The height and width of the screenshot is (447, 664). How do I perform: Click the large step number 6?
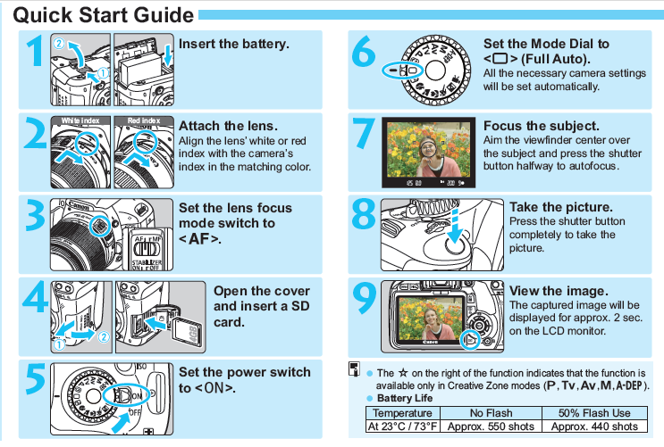(x=364, y=52)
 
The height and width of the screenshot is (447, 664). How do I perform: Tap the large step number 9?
(x=365, y=298)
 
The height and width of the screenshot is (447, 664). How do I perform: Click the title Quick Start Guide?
(x=104, y=15)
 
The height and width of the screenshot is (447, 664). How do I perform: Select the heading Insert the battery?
(x=234, y=44)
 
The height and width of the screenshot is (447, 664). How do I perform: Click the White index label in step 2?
(x=80, y=120)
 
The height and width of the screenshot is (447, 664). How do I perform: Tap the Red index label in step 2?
(x=144, y=120)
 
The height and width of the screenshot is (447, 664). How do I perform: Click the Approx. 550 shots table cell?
(x=491, y=426)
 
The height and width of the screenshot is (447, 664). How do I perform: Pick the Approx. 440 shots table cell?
(x=594, y=426)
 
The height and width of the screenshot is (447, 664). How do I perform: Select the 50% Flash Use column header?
(x=594, y=413)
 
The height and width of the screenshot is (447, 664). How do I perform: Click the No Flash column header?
(x=491, y=413)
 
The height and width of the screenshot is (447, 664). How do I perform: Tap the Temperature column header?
(x=402, y=413)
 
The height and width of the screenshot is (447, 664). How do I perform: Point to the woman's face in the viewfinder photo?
(x=428, y=148)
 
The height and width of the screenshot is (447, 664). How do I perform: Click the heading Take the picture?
(x=561, y=207)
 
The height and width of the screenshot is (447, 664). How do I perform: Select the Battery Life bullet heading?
(x=405, y=398)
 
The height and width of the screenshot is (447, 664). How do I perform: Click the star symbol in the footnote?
(x=403, y=373)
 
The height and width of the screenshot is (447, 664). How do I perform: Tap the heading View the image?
(x=559, y=291)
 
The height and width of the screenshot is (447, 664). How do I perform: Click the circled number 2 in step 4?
(x=104, y=336)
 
